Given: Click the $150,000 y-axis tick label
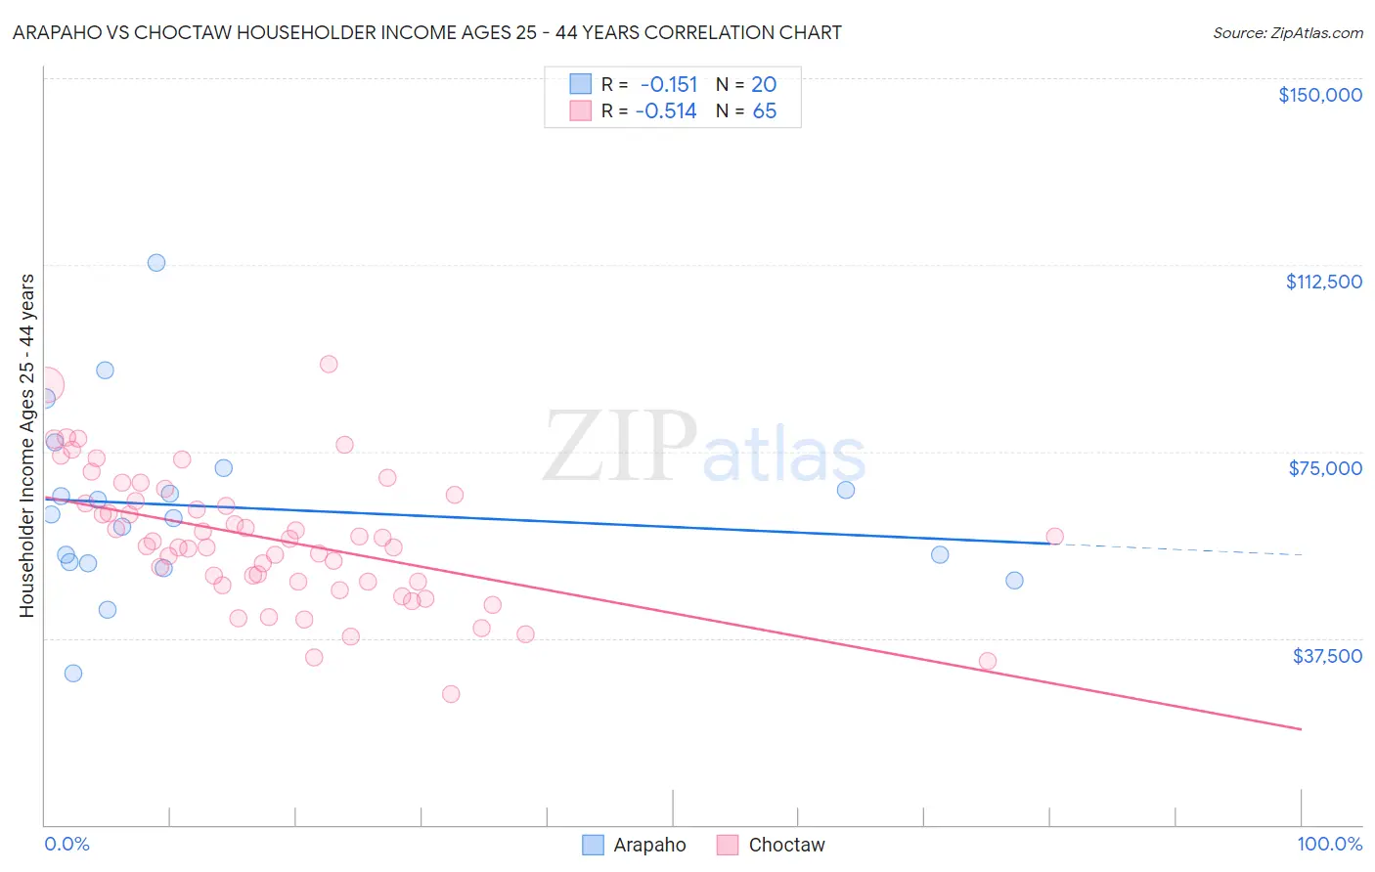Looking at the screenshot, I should [x=1319, y=95].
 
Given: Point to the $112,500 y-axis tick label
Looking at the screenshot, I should [x=1323, y=282].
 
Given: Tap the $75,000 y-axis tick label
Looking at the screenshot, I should [x=1325, y=468].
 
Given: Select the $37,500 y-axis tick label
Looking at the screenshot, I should [x=1326, y=656].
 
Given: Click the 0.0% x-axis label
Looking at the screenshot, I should [x=67, y=845].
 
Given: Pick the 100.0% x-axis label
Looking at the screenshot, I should [x=1329, y=845].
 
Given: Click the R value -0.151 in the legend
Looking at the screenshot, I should [x=669, y=85].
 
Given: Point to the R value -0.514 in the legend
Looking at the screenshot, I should [x=666, y=111].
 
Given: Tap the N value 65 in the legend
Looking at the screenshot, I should [x=765, y=111].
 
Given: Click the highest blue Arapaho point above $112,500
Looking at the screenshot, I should [x=156, y=263].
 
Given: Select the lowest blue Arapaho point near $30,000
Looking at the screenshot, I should [x=73, y=674].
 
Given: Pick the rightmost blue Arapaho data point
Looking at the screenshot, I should [x=1014, y=581].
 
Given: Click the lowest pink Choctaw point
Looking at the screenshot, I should [x=451, y=694].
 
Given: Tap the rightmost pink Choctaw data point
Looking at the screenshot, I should [x=1054, y=537].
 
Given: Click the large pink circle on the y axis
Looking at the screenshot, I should [x=45, y=385].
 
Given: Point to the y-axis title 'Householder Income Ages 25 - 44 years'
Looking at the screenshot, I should [x=26, y=446].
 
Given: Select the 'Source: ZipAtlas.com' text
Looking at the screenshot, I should [x=1287, y=33].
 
